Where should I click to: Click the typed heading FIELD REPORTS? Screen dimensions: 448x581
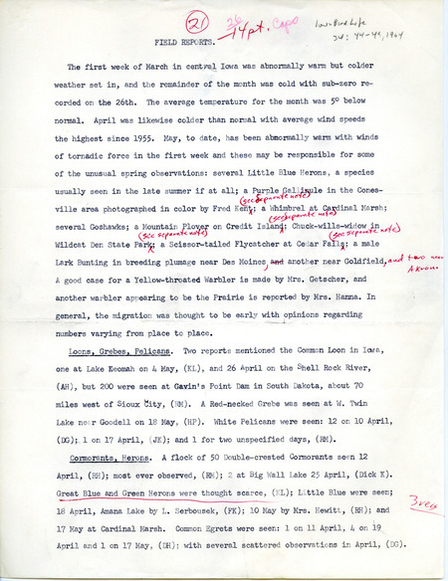[185, 45]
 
